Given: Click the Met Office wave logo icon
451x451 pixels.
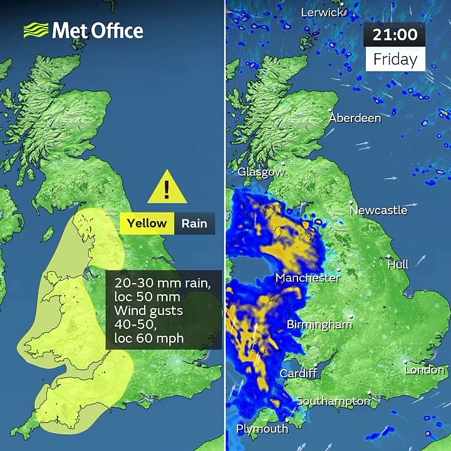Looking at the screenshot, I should [x=36, y=30].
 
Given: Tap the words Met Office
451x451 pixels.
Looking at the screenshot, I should [x=97, y=30].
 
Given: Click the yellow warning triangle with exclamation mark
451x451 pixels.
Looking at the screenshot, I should [x=167, y=187].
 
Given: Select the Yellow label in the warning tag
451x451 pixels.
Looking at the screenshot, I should [x=147, y=223].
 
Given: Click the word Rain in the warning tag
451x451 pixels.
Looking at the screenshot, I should [x=194, y=223].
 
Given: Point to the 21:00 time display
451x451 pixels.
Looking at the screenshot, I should [x=395, y=35].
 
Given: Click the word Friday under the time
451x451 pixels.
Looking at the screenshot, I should [x=395, y=60].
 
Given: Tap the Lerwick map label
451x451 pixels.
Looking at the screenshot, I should [x=322, y=13].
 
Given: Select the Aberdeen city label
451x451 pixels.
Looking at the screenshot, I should [x=355, y=118].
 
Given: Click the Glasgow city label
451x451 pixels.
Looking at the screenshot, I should [x=261, y=172].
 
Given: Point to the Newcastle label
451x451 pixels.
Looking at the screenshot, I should [x=378, y=210].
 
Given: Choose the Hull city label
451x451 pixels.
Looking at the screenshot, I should [x=398, y=264].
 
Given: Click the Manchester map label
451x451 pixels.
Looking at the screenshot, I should [x=308, y=277].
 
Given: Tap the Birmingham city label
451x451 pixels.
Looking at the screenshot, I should [x=319, y=324].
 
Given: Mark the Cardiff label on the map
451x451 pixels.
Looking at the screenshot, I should [x=298, y=373].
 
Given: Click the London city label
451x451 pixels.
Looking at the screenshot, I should [x=424, y=370].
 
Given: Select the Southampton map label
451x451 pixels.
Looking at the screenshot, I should [x=333, y=401].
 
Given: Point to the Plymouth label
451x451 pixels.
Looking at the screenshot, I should [x=262, y=429].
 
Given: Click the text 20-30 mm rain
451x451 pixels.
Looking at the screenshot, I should [x=163, y=283].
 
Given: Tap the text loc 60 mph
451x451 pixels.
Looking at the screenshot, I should [x=149, y=338].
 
